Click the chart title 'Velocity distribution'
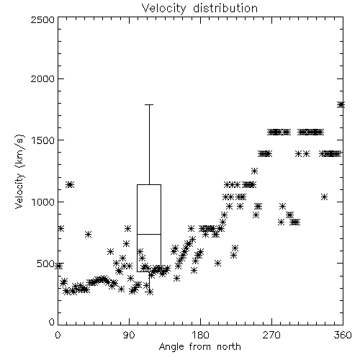point(199,8)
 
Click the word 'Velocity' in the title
point(163,8)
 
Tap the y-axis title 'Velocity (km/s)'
point(20,171)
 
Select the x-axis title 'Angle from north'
point(200,347)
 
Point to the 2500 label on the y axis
point(42,19)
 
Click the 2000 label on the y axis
point(42,78)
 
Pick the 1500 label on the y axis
point(43,140)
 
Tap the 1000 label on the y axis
point(43,202)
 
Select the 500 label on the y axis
point(46,264)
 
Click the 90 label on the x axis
point(129,335)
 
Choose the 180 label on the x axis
point(200,335)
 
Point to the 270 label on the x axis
point(271,335)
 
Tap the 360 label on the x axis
point(343,335)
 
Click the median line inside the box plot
point(149,234)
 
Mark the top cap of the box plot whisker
point(149,104)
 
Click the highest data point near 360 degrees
point(341,104)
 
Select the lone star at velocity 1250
point(254,171)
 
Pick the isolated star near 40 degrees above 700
point(88,234)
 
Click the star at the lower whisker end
point(150,292)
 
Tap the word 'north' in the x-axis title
point(229,347)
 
